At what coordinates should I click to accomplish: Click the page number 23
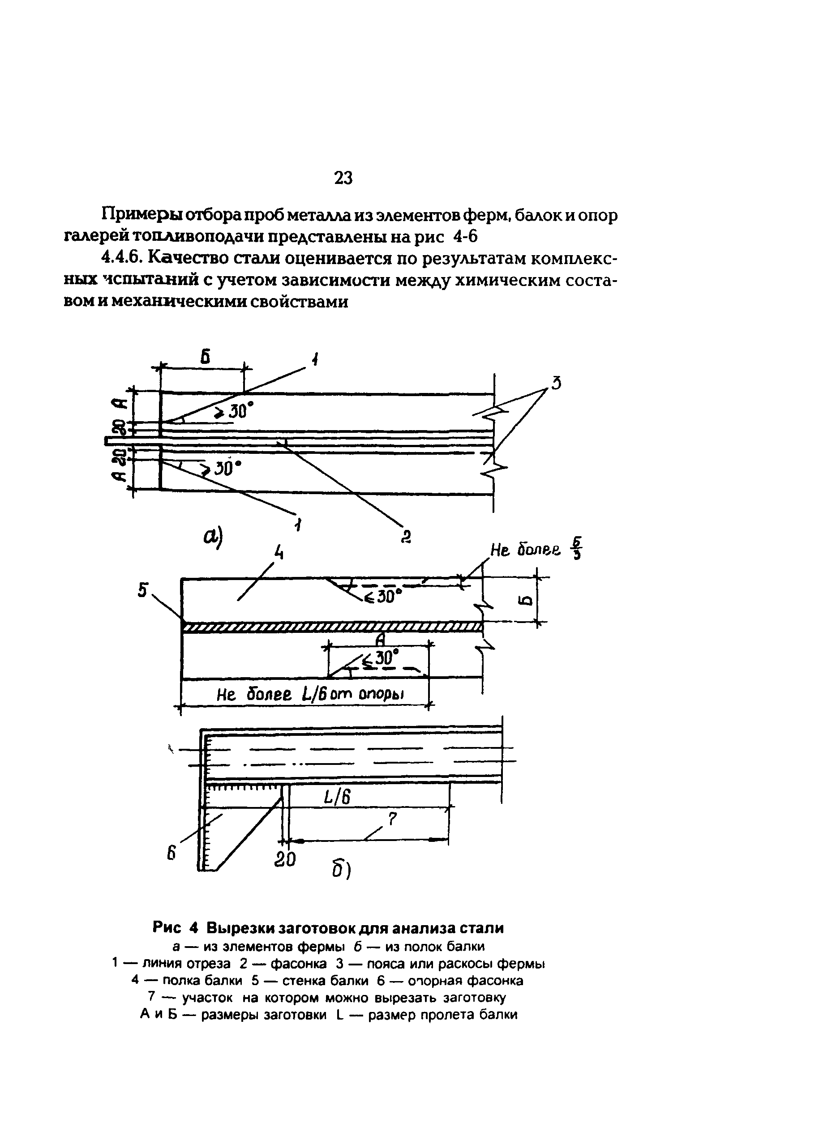point(343,177)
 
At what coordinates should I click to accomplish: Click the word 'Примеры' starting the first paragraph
point(142,215)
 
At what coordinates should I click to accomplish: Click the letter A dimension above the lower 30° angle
point(381,639)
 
